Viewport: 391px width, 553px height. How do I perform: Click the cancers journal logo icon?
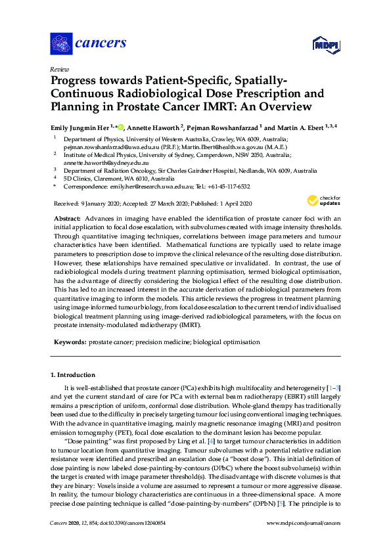coord(61,44)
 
